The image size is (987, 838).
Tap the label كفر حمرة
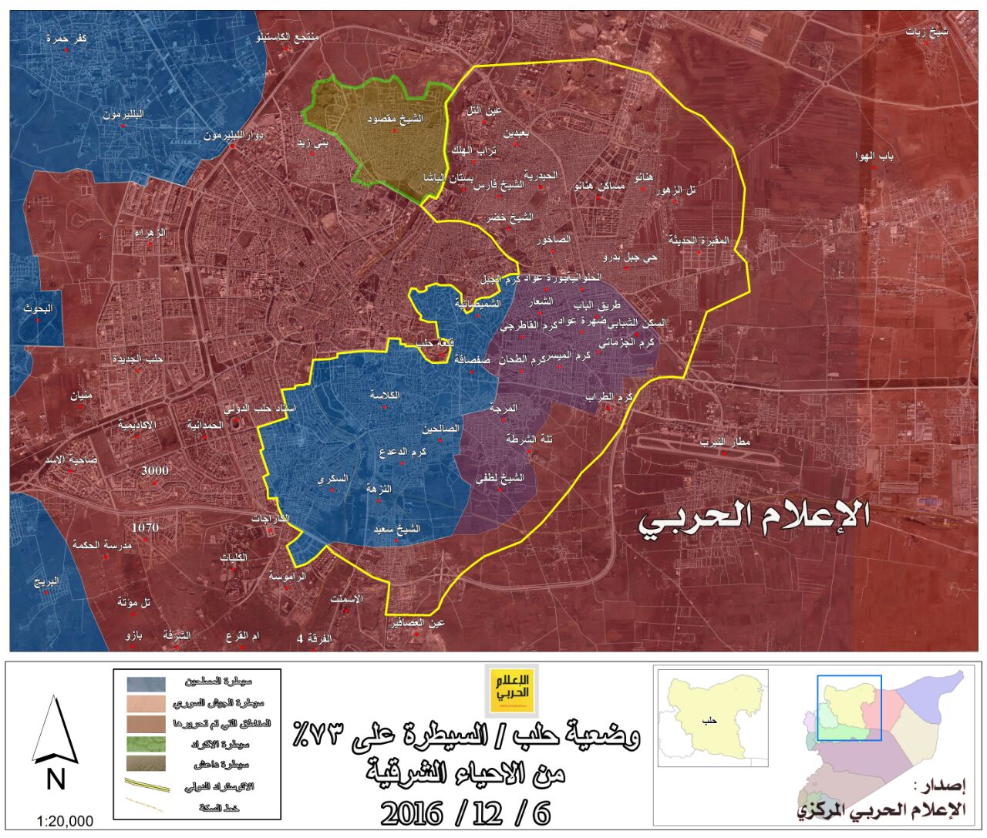[x=66, y=38]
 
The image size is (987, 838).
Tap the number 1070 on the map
[x=145, y=528]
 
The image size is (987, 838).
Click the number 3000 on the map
[x=155, y=470]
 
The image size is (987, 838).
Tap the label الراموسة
[x=287, y=575]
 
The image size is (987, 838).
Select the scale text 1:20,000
[x=66, y=821]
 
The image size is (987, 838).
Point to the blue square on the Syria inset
[x=849, y=708]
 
